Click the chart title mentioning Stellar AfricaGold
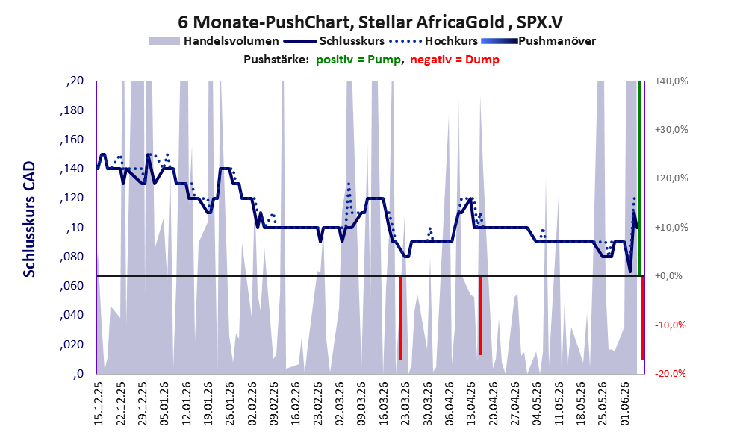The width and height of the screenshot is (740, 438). click(x=370, y=22)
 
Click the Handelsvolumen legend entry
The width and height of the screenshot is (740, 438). click(x=214, y=41)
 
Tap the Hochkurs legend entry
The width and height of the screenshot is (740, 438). click(x=434, y=41)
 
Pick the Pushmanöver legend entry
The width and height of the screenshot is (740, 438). click(x=538, y=41)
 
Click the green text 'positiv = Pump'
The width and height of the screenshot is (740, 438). click(x=358, y=60)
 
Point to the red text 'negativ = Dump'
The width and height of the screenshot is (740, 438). click(x=455, y=60)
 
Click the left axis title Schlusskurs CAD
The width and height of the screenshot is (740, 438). click(x=29, y=219)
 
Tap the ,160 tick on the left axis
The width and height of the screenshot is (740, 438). click(x=72, y=140)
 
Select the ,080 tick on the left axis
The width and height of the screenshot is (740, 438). click(x=72, y=257)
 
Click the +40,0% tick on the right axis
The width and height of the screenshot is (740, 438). click(x=671, y=81)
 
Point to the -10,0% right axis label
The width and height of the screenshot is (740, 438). click(x=670, y=325)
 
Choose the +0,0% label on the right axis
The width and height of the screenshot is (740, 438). click(x=669, y=276)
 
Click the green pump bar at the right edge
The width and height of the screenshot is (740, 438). click(x=640, y=178)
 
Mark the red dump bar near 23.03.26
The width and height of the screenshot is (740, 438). click(x=400, y=318)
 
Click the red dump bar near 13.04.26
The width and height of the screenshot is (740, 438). click(x=481, y=316)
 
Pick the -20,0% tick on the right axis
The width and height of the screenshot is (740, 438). click(x=670, y=373)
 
